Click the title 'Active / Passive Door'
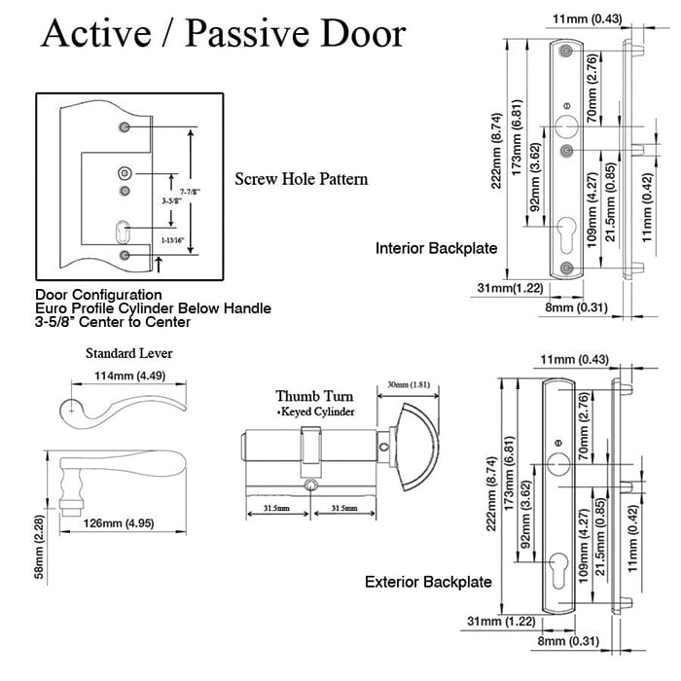pos(222,34)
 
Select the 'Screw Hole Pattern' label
pos(301,180)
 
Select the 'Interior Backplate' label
pos(436,249)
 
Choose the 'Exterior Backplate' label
pos(428,583)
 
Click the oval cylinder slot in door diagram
pos(123,233)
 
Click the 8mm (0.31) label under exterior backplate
pos(567,641)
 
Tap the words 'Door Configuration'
pos(98,295)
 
